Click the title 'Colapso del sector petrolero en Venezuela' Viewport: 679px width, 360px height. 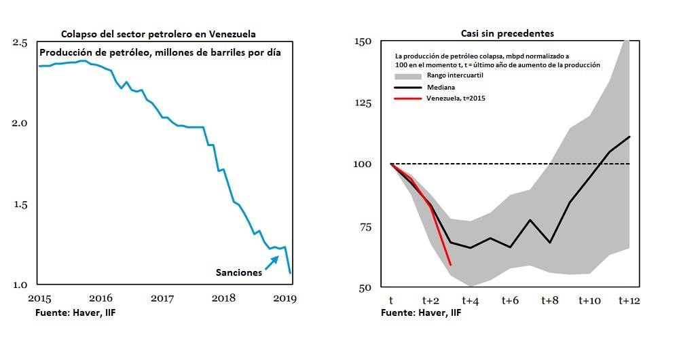click(158, 34)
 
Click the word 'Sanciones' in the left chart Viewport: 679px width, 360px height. click(238, 272)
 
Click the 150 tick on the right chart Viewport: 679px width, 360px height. click(363, 41)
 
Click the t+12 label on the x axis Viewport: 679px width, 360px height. click(628, 300)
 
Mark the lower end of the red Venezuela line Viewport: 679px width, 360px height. click(450, 264)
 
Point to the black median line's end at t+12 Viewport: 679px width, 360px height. click(629, 137)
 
